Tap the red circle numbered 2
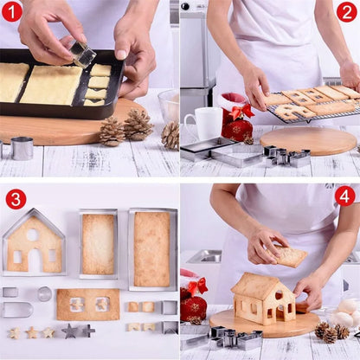[347, 12]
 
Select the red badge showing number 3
[16, 198]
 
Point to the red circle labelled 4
[344, 196]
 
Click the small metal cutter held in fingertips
[82, 54]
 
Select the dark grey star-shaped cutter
[69, 331]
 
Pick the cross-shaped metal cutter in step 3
[87, 331]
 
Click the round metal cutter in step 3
[45, 293]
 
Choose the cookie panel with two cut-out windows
[87, 305]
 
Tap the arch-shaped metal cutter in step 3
[16, 310]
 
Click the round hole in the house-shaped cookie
[33, 234]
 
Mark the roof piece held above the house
[290, 256]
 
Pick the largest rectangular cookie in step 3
[152, 248]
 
